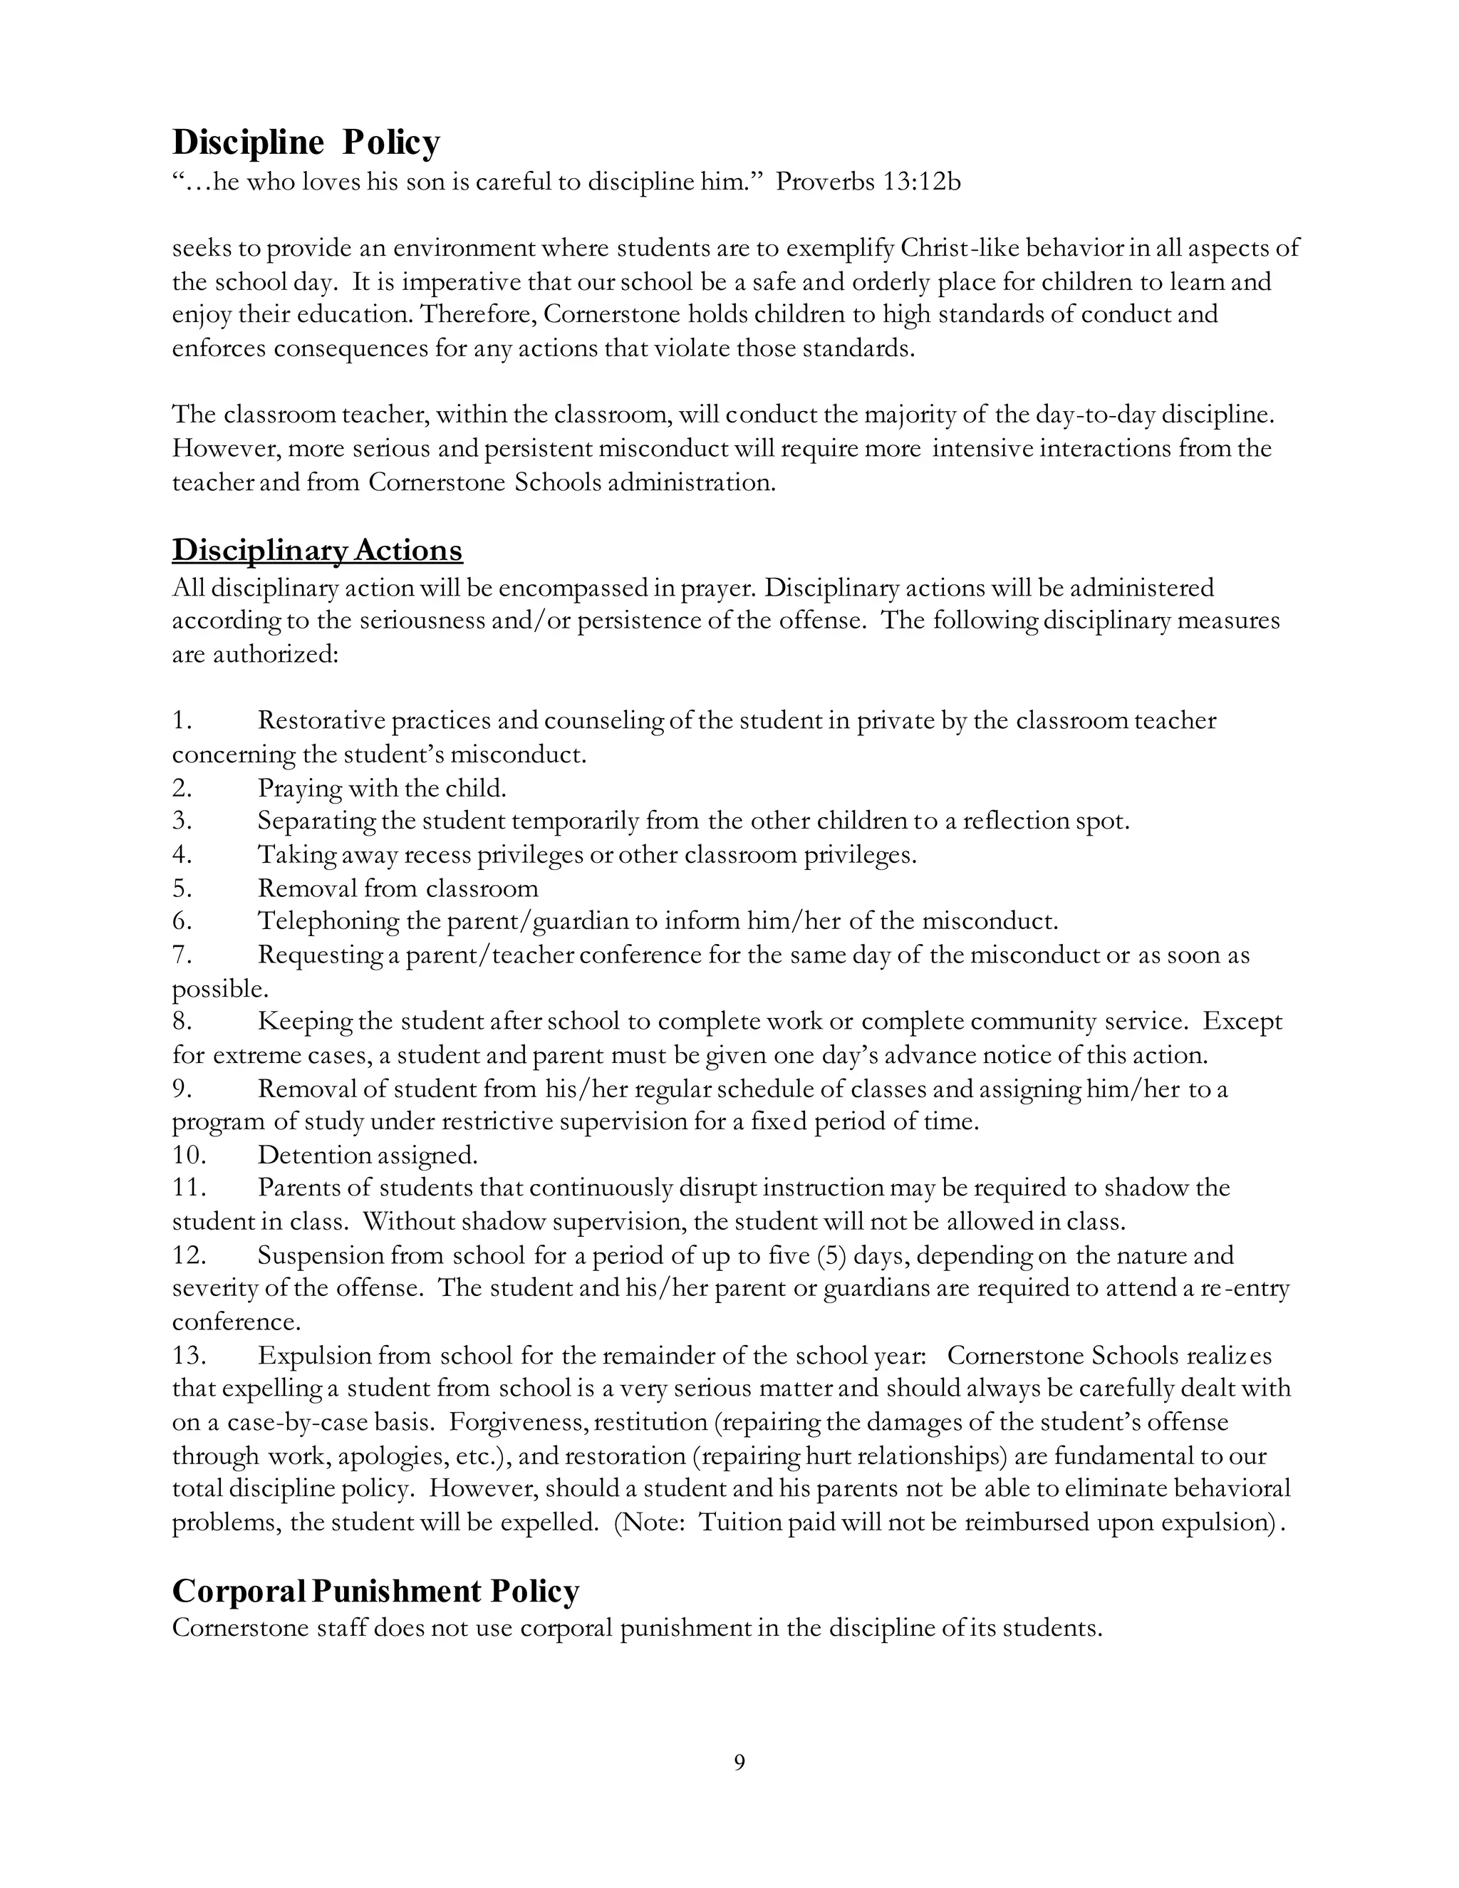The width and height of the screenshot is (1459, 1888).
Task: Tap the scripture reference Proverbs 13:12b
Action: (x=868, y=182)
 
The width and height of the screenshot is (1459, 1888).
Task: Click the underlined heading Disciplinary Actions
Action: (x=317, y=550)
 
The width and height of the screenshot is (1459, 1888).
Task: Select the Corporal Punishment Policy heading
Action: (x=375, y=1592)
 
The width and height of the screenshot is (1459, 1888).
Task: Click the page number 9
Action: (x=739, y=1762)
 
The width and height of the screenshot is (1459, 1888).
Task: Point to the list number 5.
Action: (x=182, y=888)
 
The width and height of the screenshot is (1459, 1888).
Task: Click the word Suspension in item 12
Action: (x=320, y=1255)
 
